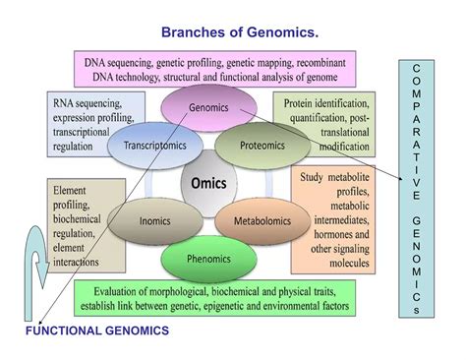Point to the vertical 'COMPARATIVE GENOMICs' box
[416, 187]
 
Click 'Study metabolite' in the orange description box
[333, 175]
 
